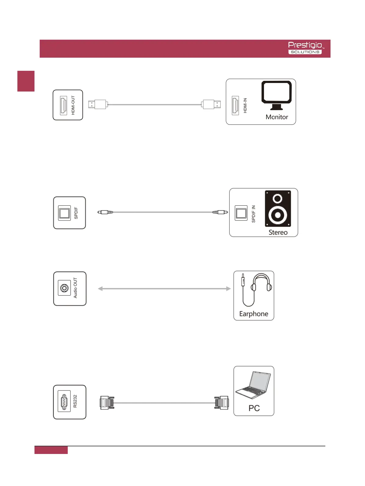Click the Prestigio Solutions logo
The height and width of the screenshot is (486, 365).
click(305, 48)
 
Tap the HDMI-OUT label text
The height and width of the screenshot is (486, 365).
click(73, 105)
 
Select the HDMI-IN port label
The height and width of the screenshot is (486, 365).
click(245, 106)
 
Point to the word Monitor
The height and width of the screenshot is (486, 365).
click(277, 117)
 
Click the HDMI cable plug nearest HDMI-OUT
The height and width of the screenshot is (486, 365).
click(98, 105)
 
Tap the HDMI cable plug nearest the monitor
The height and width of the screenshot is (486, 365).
click(211, 105)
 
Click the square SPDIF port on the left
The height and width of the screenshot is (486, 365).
click(64, 213)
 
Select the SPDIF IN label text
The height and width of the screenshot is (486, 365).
click(253, 214)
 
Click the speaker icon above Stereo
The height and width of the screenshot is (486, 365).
click(278, 209)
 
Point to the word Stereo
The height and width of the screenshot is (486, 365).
click(278, 232)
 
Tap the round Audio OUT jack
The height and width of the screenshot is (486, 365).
click(64, 288)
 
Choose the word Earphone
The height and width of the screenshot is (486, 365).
click(254, 314)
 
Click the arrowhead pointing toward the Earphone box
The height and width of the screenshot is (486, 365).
click(228, 289)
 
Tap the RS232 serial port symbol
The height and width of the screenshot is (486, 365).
click(64, 402)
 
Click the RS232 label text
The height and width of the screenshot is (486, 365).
click(75, 401)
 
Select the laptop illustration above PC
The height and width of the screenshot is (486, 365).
click(253, 386)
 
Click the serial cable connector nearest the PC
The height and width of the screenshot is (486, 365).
click(221, 403)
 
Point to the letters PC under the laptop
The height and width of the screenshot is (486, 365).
click(254, 408)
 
